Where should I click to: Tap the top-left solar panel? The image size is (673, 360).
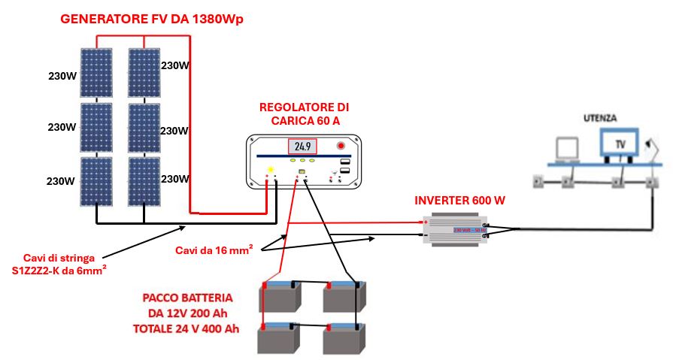click(x=97, y=74)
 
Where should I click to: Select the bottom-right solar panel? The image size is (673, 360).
click(x=143, y=180)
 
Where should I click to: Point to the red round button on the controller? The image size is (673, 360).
click(x=341, y=145)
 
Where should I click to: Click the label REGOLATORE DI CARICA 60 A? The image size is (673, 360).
click(x=304, y=114)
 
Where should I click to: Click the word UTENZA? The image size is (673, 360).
click(x=600, y=118)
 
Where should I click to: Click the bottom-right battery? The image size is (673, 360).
click(x=345, y=339)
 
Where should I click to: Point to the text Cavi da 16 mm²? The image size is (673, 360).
click(x=213, y=249)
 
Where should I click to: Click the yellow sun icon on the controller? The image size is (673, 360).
click(x=271, y=169)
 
